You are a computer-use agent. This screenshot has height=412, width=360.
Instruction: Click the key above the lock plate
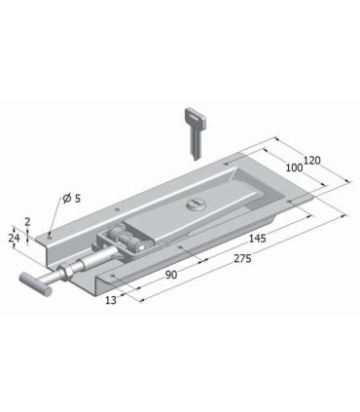[196, 132]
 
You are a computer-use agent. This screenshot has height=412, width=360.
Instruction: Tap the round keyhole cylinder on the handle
[195, 205]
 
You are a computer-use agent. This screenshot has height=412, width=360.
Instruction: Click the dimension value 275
[242, 259]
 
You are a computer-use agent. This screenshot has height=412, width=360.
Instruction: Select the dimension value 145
[257, 239]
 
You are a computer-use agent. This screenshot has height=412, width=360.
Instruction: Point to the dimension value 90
[171, 275]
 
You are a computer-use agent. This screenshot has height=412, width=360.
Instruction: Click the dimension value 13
[111, 300]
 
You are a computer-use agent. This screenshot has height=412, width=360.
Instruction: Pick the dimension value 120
[311, 161]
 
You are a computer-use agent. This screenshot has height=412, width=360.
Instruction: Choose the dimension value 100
[294, 168]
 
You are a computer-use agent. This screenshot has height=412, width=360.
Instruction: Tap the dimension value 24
[14, 238]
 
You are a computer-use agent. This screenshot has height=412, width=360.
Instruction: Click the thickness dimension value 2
[27, 222]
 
